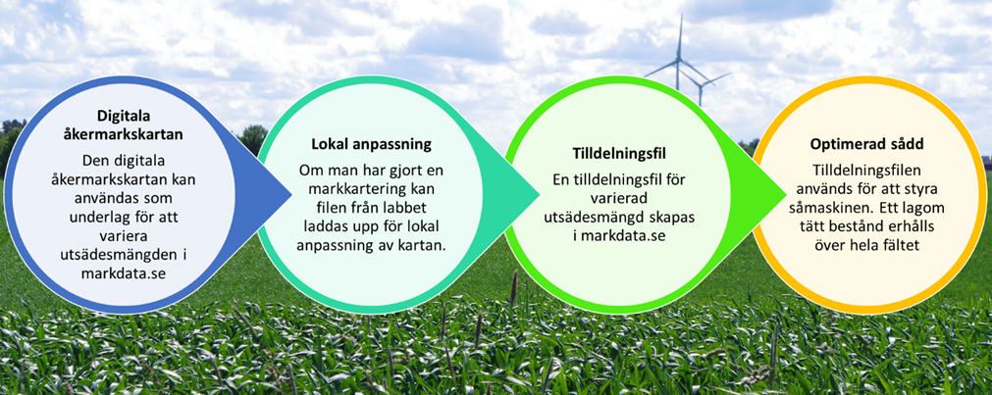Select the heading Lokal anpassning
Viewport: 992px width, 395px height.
point(371,144)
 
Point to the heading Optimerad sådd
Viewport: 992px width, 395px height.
point(866,144)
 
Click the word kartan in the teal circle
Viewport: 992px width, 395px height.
point(425,245)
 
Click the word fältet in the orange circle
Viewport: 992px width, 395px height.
point(899,243)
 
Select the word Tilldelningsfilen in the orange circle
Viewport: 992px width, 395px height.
point(866,171)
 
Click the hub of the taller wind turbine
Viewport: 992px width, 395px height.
point(678,60)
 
